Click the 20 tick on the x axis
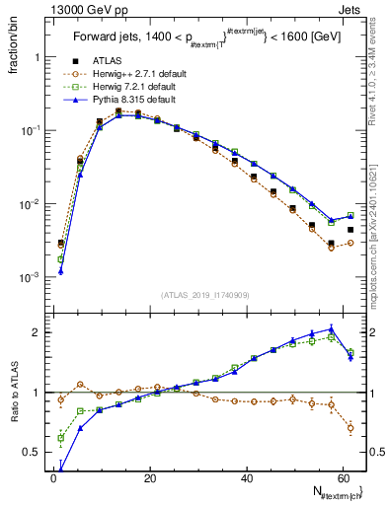point(148,478)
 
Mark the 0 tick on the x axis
point(52,478)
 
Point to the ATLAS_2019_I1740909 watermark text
point(205,294)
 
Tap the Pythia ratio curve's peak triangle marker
point(331,328)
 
